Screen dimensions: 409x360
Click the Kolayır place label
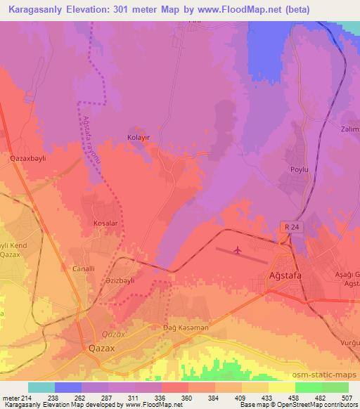[139, 137]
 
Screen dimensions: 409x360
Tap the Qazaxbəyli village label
[27, 159]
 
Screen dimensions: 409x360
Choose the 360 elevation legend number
[188, 398]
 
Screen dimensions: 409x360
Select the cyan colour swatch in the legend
[41, 387]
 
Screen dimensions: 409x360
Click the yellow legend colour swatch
[281, 387]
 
